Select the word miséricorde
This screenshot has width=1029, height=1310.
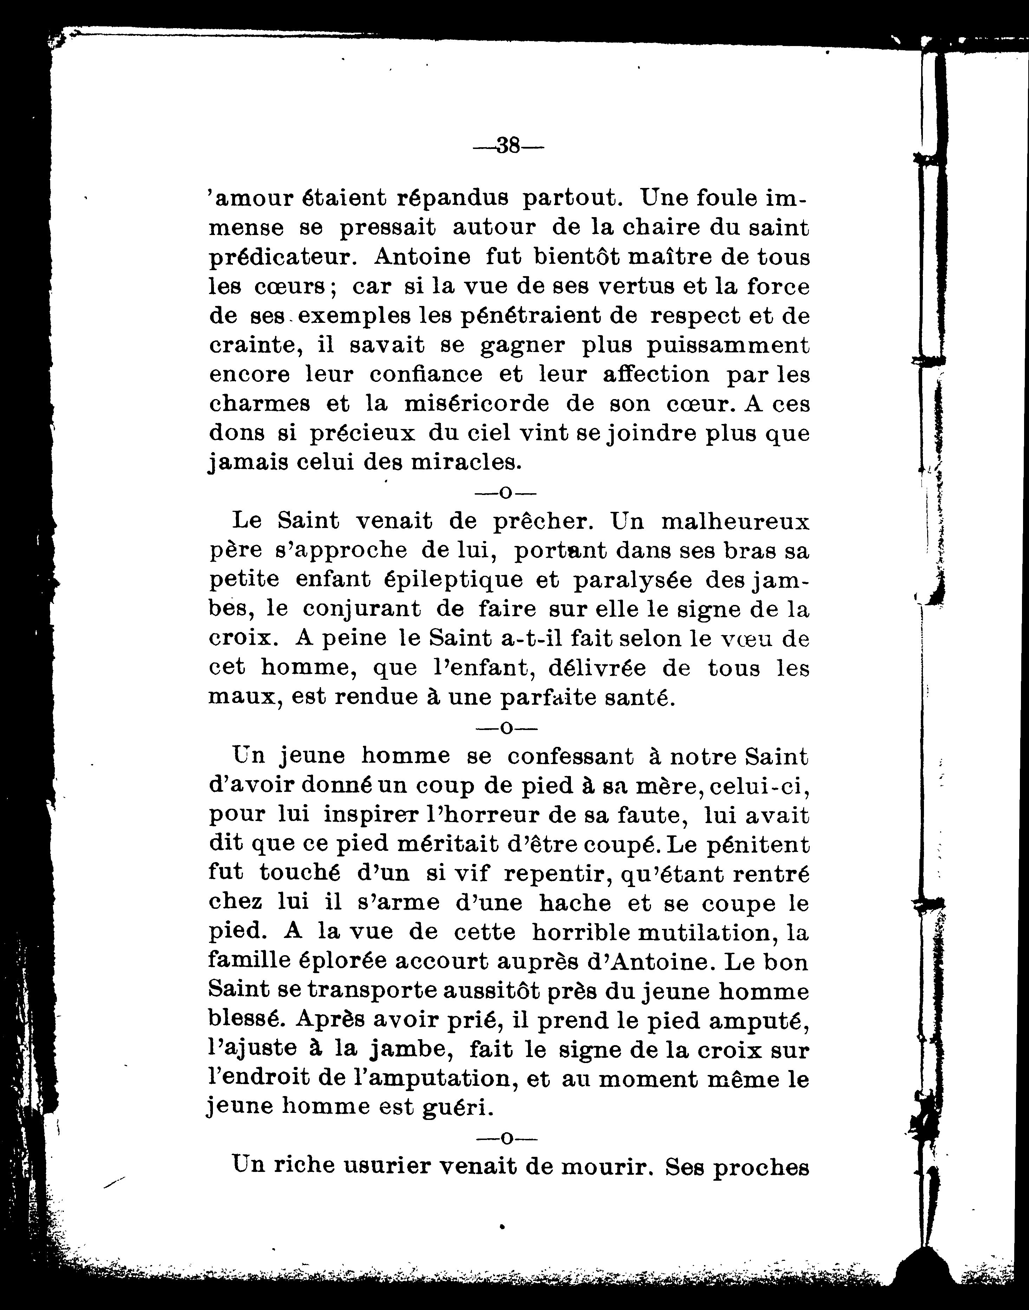pyautogui.click(x=476, y=404)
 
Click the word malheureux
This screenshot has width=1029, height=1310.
pyautogui.click(x=735, y=521)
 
